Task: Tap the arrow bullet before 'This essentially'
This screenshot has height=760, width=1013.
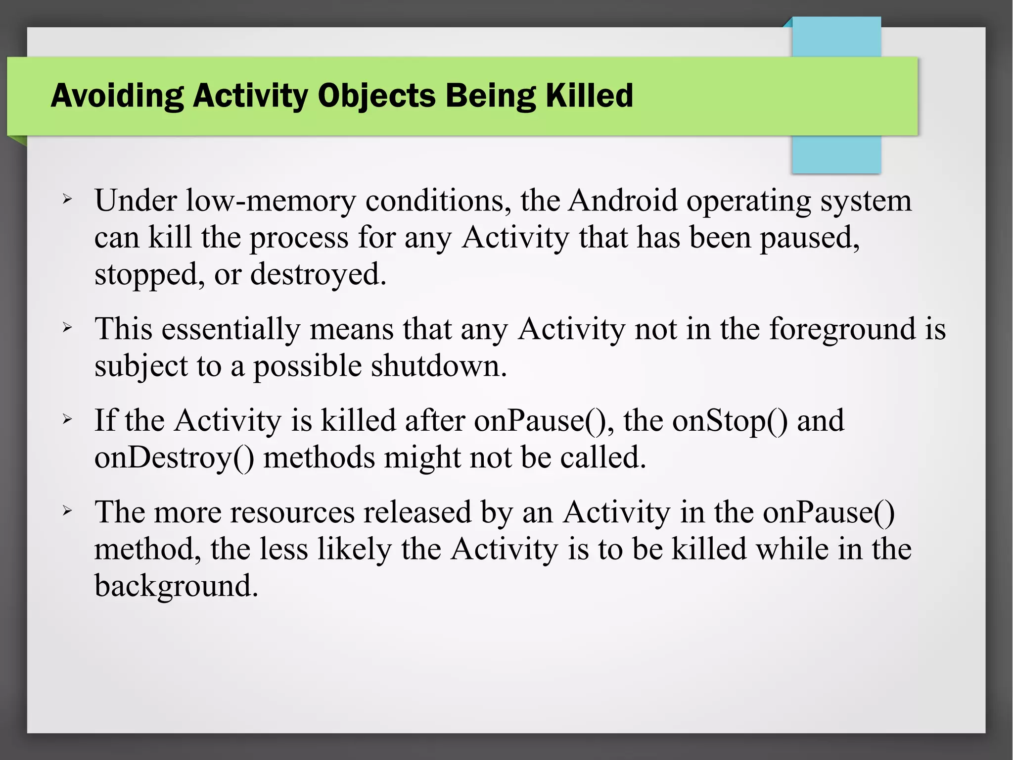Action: [x=68, y=328]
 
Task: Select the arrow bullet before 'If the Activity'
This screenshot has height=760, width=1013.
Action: [x=68, y=420]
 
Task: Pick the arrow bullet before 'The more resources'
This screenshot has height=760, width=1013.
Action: [x=68, y=511]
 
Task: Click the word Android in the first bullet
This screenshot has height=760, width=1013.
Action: [x=622, y=201]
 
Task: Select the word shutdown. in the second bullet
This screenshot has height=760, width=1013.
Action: [x=439, y=366]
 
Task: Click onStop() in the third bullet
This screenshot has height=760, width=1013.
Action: [x=730, y=420]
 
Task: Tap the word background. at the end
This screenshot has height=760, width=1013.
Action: [x=176, y=586]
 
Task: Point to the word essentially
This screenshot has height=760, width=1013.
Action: [x=230, y=329]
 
